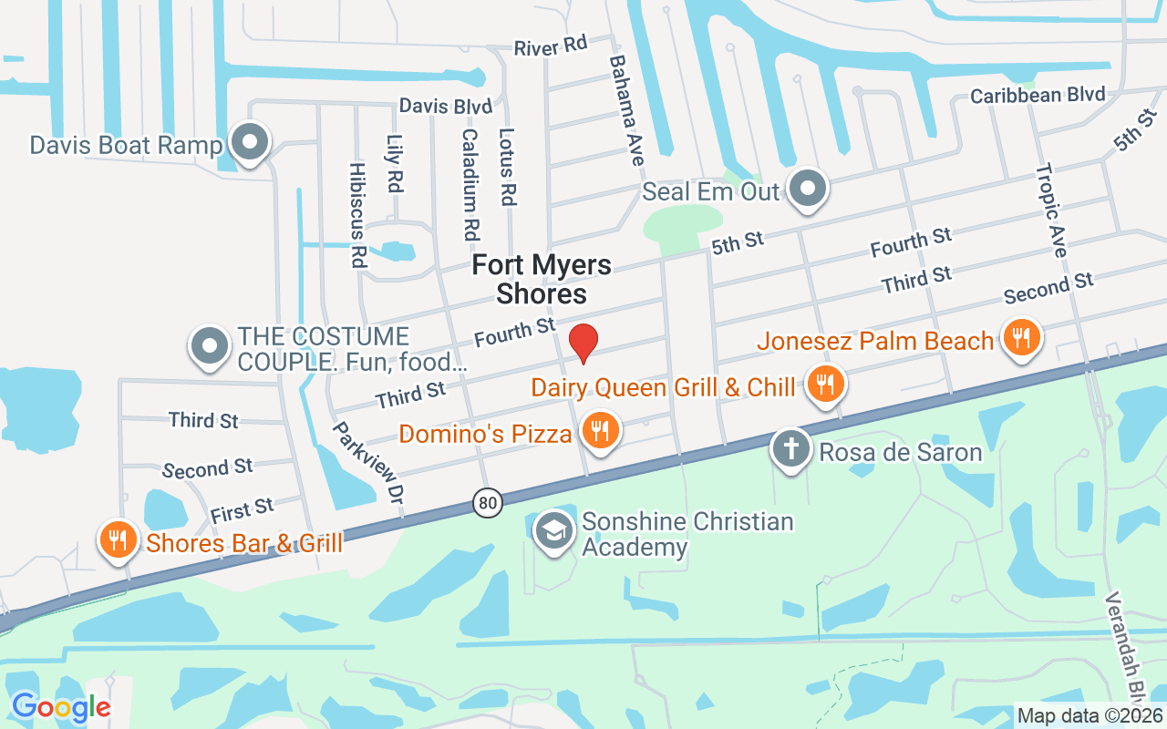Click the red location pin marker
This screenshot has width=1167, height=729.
coord(583,343)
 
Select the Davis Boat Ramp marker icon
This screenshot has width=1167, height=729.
coord(248,142)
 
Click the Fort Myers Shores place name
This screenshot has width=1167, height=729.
coord(542,280)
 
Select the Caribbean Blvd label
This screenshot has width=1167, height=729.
coord(1038,96)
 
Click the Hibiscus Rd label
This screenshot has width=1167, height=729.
coord(357,215)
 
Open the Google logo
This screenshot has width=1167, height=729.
coord(60,706)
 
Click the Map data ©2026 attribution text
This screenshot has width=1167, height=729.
coord(1090,715)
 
